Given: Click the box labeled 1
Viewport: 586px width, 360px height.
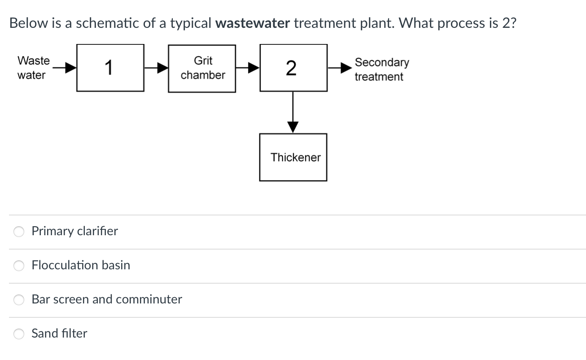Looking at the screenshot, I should click(x=110, y=68).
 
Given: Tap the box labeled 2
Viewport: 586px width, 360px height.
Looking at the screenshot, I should click(x=293, y=68).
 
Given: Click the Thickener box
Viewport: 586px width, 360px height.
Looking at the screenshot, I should click(x=293, y=157).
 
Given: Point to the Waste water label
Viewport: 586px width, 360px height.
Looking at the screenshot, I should click(x=33, y=68).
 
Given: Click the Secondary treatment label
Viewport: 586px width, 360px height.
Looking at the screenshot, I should click(x=381, y=69).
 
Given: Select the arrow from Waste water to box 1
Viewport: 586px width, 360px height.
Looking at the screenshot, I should click(x=64, y=68).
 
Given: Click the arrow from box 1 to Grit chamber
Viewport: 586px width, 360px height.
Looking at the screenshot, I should click(x=156, y=68).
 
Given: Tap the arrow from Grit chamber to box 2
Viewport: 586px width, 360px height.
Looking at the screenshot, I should click(x=248, y=68).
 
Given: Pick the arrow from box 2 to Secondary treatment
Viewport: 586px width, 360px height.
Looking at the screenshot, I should click(x=340, y=68).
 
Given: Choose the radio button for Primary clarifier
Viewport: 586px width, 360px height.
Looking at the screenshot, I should click(x=19, y=232).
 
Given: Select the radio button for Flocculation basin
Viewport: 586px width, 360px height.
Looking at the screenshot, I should click(x=19, y=266).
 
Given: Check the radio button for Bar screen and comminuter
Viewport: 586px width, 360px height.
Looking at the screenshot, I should click(x=19, y=300).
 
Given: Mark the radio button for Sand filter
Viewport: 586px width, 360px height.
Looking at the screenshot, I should click(x=19, y=334).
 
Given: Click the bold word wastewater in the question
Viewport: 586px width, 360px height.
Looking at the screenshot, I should click(x=253, y=23).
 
